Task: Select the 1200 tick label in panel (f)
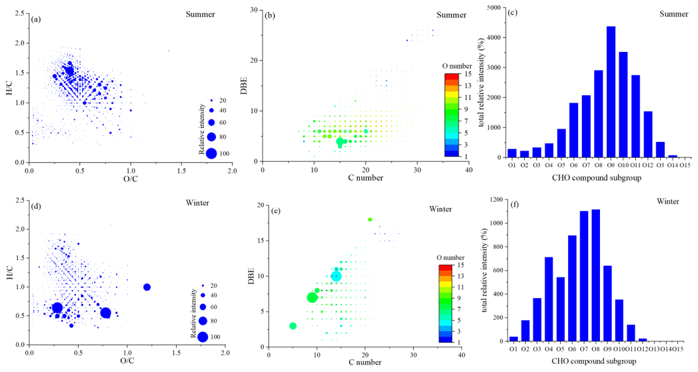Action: pos(491,199)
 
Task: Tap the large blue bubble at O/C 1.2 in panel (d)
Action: pos(147,287)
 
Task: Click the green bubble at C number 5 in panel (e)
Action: pos(293,326)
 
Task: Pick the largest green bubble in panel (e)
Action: pos(312,297)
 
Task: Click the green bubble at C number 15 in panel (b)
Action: pos(340,141)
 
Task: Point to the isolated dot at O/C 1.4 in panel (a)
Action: pos(169,51)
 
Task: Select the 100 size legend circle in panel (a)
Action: pos(211,153)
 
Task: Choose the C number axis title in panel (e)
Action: pos(359,362)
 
